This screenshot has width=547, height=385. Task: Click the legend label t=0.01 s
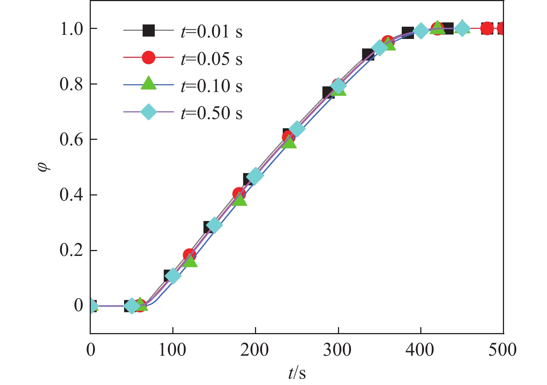(212, 31)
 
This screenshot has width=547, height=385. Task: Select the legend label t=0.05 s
(212, 59)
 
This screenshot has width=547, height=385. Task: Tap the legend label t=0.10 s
(212, 86)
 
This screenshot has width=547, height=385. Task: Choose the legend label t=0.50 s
(212, 113)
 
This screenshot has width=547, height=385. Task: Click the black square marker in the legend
(149, 30)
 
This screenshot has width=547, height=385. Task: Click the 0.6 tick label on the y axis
(72, 140)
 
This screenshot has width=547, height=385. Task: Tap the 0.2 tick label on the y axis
(72, 251)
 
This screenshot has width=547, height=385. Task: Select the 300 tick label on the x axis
(337, 350)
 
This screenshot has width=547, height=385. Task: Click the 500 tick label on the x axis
(503, 350)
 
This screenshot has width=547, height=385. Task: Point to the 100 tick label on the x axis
(172, 350)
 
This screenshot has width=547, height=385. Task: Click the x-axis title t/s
(297, 373)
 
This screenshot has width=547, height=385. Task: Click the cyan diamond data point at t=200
(255, 176)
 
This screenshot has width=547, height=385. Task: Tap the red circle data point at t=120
(189, 255)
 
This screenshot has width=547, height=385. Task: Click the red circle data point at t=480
(487, 28)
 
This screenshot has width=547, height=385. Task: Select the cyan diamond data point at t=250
(297, 129)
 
